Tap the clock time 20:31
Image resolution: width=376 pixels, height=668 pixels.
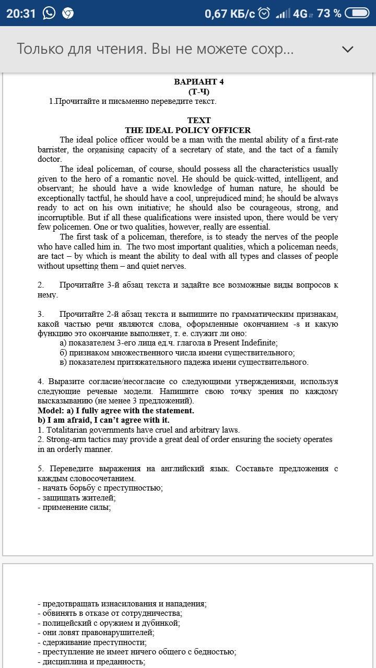(x=21, y=13)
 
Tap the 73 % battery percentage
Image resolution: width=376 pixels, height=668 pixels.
(x=329, y=13)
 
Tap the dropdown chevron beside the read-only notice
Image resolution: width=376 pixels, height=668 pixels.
(x=347, y=49)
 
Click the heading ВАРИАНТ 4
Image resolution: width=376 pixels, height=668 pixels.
(x=198, y=81)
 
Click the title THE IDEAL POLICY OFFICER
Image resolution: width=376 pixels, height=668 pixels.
(x=188, y=130)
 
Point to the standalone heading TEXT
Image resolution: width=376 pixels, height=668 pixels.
(x=199, y=120)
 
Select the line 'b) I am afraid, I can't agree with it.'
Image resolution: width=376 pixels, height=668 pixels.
(x=103, y=420)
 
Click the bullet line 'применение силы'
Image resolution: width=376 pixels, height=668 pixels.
(x=74, y=507)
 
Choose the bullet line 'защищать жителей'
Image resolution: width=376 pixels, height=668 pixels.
(x=76, y=498)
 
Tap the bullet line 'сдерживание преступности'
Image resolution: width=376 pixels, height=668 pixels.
(x=92, y=642)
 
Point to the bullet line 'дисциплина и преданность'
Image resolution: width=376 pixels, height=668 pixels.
(x=91, y=662)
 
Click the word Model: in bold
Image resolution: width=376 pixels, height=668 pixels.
(x=51, y=411)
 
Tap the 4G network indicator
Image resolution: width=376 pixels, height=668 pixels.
(x=300, y=14)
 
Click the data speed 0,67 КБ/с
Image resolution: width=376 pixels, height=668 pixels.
(x=230, y=14)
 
